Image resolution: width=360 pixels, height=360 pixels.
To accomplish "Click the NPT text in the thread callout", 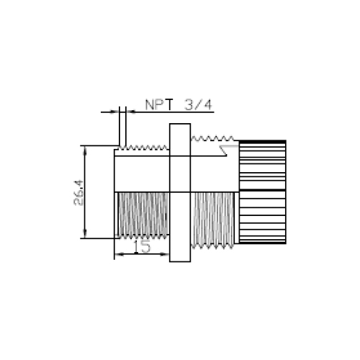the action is [159, 104].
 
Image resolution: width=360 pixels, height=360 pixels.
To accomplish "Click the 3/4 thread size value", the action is [199, 104].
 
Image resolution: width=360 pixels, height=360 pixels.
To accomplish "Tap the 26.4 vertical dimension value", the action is [78, 192].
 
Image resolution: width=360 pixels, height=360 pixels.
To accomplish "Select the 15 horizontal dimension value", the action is [142, 246].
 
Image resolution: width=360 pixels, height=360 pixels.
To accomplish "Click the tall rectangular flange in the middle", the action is [180, 192].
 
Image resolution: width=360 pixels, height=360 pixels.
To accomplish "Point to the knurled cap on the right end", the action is [263, 192].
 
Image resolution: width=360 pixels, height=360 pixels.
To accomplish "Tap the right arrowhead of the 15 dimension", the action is [165, 254].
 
